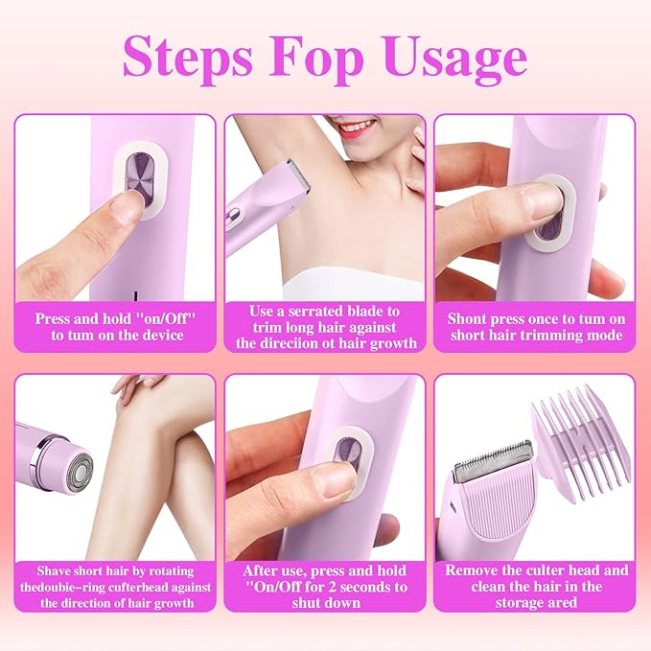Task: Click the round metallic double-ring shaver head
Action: (x=69, y=457)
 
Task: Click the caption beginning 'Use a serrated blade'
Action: (x=325, y=326)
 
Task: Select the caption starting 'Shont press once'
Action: (x=535, y=326)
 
